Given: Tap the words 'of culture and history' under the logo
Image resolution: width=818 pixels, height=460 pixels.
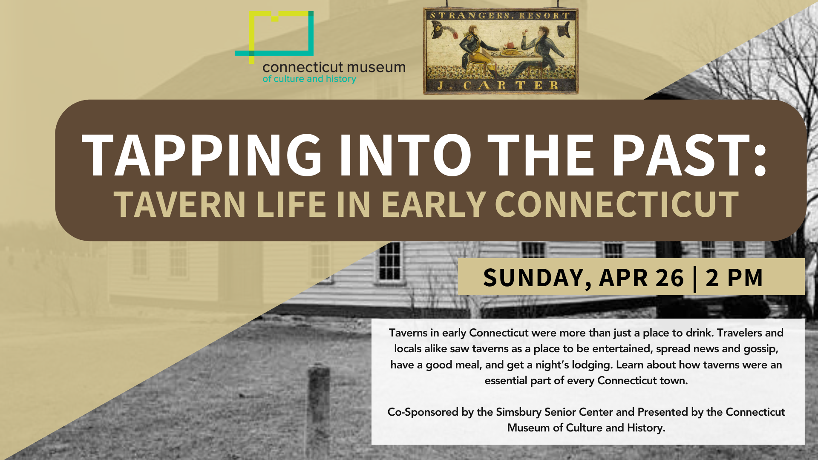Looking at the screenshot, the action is (309, 79).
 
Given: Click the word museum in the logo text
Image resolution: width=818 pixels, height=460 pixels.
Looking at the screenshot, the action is (376, 67).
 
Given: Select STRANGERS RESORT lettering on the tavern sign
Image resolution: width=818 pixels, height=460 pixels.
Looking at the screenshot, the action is (500, 16).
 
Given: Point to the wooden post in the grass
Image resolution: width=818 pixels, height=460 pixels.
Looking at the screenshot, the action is (319, 409).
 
